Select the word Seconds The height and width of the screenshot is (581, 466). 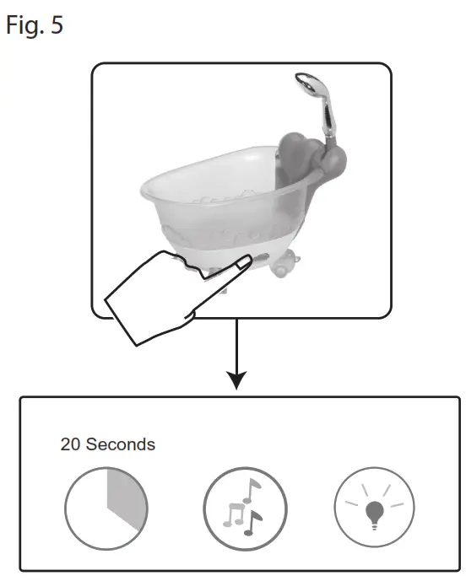pos(124,444)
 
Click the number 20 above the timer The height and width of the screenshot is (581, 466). pos(70,444)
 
